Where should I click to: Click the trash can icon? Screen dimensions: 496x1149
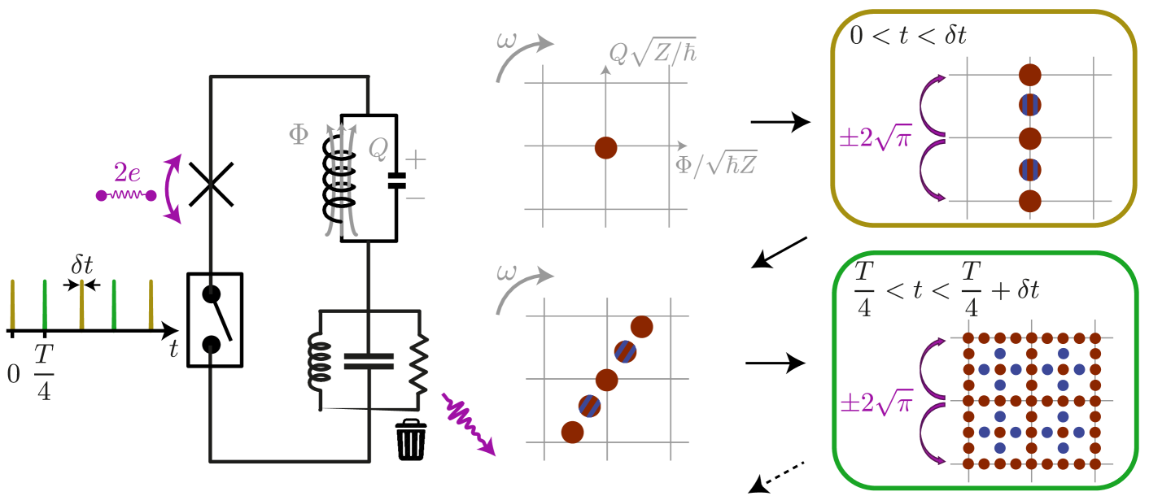click(411, 439)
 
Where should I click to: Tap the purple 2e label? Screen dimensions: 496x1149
click(127, 172)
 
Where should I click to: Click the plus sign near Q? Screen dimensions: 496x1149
click(415, 160)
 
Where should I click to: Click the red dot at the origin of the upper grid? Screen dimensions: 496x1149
click(605, 147)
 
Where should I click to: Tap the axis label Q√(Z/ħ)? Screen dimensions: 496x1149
click(653, 53)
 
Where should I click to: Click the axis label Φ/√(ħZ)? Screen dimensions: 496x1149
click(716, 164)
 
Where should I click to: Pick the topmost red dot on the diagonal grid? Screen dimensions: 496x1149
click(641, 327)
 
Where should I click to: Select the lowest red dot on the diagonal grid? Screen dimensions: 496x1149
click(572, 432)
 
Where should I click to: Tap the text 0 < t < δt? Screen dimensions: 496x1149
click(907, 36)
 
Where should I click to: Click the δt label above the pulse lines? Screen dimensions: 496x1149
click(82, 265)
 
